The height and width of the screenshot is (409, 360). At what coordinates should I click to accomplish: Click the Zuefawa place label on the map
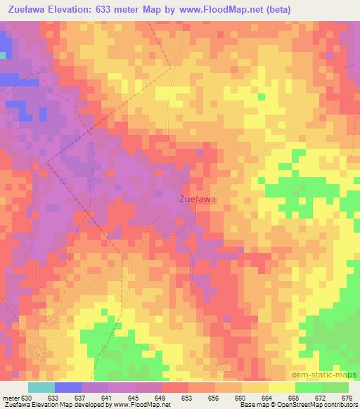coord(197,199)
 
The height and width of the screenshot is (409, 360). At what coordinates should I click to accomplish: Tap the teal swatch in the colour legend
coord(41,387)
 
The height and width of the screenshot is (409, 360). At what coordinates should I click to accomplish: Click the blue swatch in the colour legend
coord(67,387)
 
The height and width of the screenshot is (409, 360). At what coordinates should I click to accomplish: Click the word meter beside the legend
coord(10,397)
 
